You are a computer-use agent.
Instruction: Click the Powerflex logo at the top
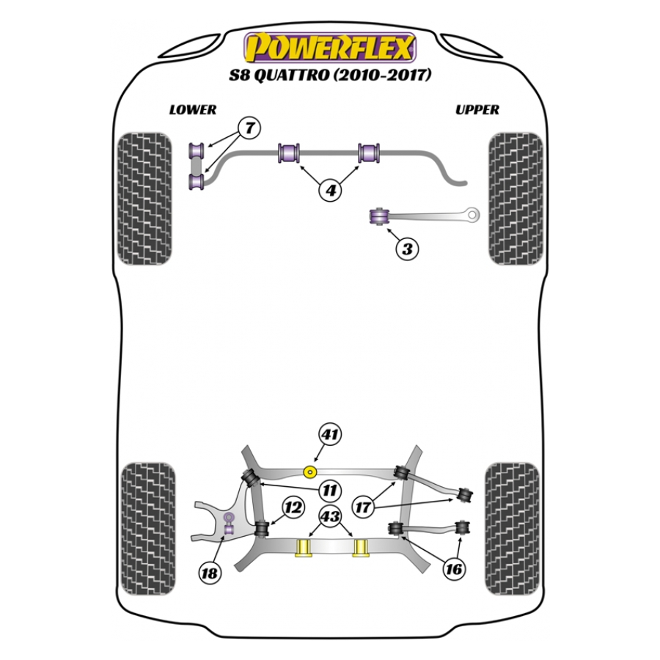(330, 48)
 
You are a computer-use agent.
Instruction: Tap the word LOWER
(193, 110)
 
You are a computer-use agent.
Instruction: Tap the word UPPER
(477, 110)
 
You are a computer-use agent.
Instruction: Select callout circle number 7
(249, 128)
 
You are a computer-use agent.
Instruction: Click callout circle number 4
(331, 190)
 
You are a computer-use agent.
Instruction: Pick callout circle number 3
(407, 249)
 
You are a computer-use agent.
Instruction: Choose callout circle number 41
(330, 434)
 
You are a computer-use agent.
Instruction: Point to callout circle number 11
(329, 491)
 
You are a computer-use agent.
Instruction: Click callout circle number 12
(293, 507)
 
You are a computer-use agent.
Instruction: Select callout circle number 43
(331, 516)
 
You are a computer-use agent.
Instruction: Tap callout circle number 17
(363, 507)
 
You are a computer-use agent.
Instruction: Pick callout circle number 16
(454, 569)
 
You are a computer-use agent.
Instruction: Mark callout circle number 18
(210, 573)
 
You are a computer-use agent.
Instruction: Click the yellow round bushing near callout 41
(310, 473)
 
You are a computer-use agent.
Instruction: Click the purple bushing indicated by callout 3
(379, 216)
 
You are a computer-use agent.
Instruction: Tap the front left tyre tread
(144, 199)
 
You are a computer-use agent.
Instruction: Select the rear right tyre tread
(512, 529)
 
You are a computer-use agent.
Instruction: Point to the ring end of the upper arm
(472, 215)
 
